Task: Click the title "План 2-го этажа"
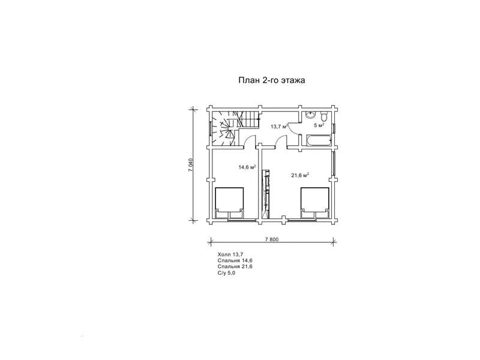pos(272,80)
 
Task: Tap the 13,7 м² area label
pos(279,126)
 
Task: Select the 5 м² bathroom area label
pos(319,125)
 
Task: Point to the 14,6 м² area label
pos(247,167)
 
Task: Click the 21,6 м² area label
pos(299,175)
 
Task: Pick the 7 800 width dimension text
pos(272,239)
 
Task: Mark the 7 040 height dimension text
pos(190,164)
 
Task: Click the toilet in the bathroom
pos(324,116)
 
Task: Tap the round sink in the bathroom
pos(310,115)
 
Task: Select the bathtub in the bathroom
pos(319,140)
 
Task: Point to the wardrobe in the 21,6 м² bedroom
pos(266,194)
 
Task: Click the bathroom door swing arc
pos(293,128)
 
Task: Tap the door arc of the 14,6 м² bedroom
pos(250,142)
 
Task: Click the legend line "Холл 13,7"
pos(230,254)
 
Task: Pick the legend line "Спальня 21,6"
pos(235,266)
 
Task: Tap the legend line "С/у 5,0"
pos(227,273)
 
